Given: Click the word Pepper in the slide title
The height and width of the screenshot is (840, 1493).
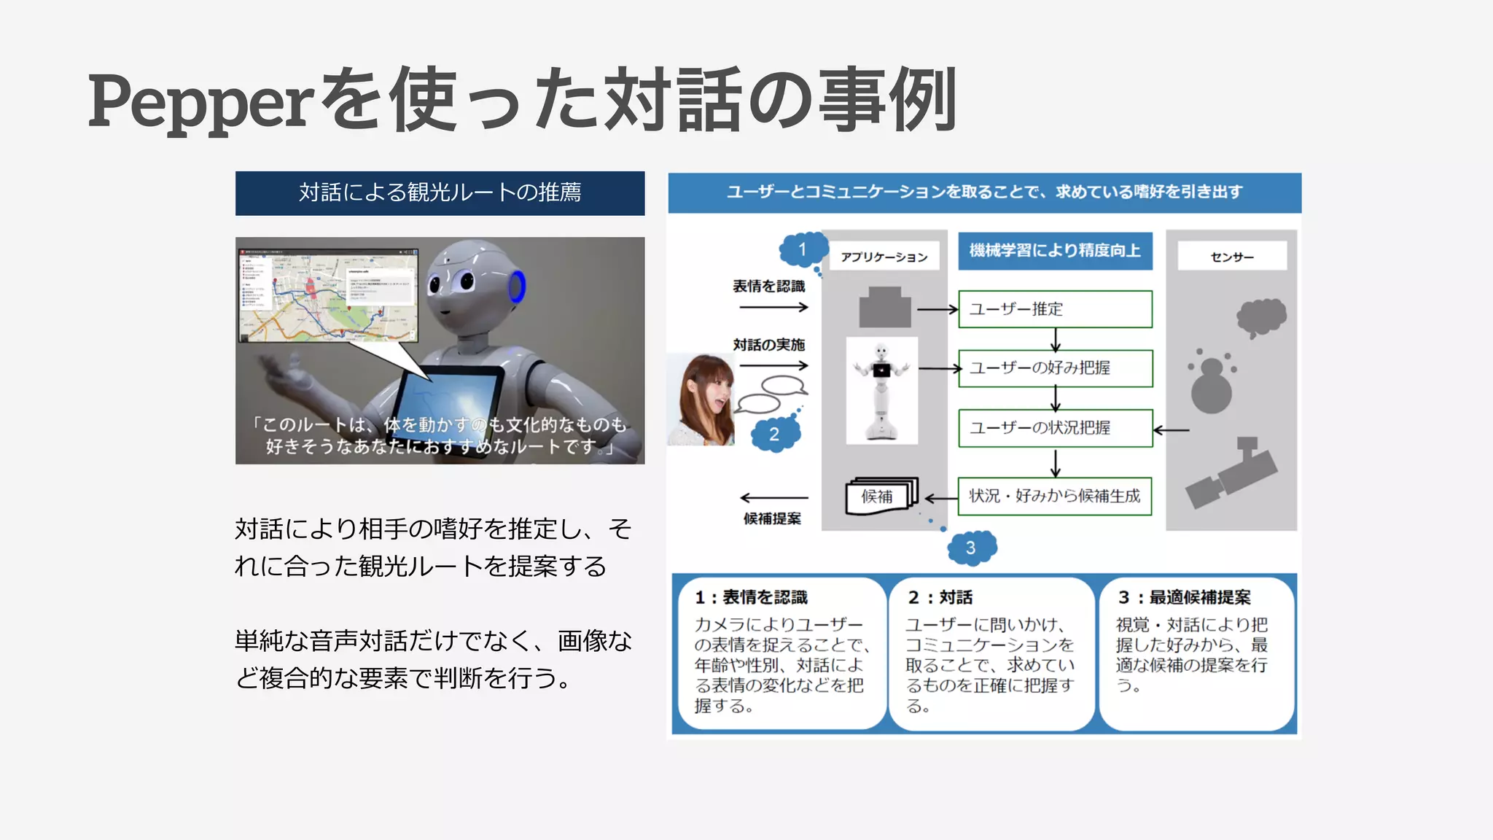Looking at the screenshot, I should pyautogui.click(x=201, y=102).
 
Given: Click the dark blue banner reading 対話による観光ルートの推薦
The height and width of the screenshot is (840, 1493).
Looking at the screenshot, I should pyautogui.click(x=440, y=193).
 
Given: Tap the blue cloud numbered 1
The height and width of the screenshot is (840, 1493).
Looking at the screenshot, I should pyautogui.click(x=803, y=250).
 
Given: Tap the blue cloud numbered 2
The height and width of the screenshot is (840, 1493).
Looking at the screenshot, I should pyautogui.click(x=775, y=435).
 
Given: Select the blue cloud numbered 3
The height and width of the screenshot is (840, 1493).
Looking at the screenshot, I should pyautogui.click(x=971, y=548).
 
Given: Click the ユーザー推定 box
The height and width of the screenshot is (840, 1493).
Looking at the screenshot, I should pyautogui.click(x=1055, y=309).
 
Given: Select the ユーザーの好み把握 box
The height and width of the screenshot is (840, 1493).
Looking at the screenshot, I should pyautogui.click(x=1055, y=368).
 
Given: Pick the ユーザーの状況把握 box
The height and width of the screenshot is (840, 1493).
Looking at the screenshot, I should pyautogui.click(x=1055, y=428).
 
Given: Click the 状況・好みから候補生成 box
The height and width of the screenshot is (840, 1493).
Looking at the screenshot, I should pyautogui.click(x=1055, y=496).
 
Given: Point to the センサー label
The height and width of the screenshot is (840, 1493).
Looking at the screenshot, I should pyautogui.click(x=1232, y=257).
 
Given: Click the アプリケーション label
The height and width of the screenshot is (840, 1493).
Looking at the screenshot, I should pyautogui.click(x=884, y=257).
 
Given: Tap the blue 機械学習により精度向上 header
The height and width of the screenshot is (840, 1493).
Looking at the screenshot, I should pyautogui.click(x=1055, y=251).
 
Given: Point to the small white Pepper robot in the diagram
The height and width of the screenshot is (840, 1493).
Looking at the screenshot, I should pyautogui.click(x=881, y=391).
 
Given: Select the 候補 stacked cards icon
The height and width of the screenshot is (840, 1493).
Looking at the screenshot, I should pyautogui.click(x=881, y=497).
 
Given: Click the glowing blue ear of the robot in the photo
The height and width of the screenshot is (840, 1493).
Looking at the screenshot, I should pyautogui.click(x=517, y=286).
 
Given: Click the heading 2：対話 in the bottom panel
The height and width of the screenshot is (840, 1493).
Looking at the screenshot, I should pyautogui.click(x=940, y=598).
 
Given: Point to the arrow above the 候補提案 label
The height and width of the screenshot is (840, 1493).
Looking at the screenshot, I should pyautogui.click(x=773, y=498).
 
